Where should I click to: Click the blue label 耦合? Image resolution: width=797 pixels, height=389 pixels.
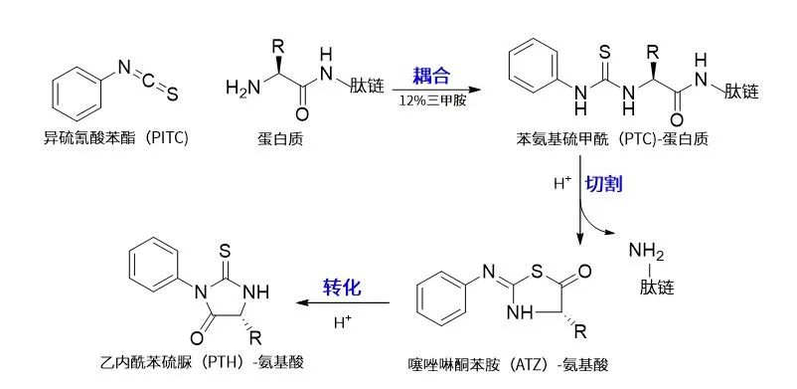click(x=431, y=76)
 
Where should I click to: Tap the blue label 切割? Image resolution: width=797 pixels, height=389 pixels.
click(x=603, y=184)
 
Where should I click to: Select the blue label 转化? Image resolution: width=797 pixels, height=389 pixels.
click(x=342, y=288)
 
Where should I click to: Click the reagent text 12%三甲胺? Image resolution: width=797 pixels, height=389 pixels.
click(x=432, y=100)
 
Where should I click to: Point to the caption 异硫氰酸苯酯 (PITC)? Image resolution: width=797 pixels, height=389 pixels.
click(x=116, y=138)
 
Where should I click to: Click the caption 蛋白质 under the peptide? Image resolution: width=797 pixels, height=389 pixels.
click(x=280, y=138)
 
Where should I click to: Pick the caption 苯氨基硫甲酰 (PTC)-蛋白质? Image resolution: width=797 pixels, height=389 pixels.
click(x=612, y=138)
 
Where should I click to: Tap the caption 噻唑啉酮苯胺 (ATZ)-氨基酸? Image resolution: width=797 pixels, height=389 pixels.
click(x=508, y=364)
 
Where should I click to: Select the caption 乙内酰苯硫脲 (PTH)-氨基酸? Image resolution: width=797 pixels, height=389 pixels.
click(x=203, y=362)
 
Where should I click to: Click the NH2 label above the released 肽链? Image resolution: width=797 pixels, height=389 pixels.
click(x=646, y=251)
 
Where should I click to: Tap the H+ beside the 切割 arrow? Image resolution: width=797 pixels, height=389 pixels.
click(x=563, y=183)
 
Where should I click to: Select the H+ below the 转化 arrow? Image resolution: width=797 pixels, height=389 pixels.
click(x=343, y=321)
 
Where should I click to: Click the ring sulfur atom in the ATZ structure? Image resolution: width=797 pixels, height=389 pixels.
click(x=538, y=273)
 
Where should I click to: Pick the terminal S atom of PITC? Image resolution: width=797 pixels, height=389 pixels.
click(x=172, y=95)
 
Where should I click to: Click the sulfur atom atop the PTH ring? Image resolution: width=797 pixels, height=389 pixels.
click(x=226, y=251)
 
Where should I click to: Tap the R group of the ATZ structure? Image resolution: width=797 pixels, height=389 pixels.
click(x=580, y=332)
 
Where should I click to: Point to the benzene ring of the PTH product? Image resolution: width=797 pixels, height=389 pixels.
click(x=153, y=266)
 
